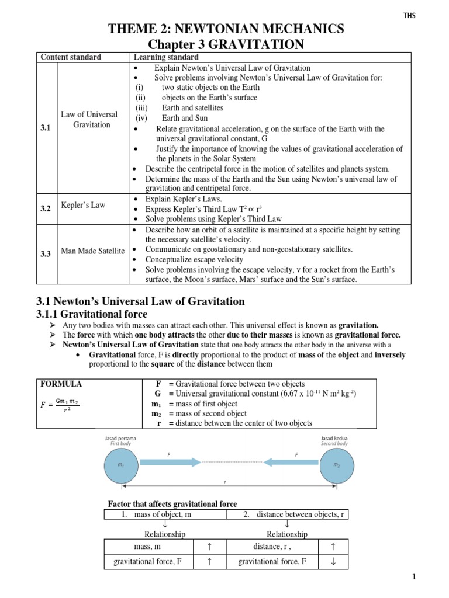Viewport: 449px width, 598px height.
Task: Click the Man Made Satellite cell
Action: click(x=92, y=251)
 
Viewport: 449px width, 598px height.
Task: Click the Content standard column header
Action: click(x=70, y=57)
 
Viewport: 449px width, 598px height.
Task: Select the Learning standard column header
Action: click(x=165, y=57)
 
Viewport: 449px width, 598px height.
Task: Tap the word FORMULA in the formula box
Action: click(x=61, y=384)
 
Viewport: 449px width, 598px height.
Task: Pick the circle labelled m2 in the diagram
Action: click(x=336, y=465)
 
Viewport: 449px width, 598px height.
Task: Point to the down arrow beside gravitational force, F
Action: click(x=333, y=562)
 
